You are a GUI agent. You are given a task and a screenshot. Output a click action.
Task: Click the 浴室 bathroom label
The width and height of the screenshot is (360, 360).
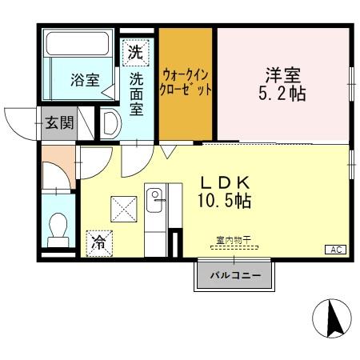tap(84, 79)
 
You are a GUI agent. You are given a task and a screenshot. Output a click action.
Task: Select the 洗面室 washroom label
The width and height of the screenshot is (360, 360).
tap(137, 92)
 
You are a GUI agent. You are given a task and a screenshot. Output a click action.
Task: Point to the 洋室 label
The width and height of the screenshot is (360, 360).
tap(284, 75)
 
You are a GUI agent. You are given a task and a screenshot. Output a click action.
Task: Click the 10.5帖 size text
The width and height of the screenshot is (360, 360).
tap(225, 201)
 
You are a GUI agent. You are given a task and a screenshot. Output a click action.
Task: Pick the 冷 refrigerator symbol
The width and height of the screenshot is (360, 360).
tap(98, 240)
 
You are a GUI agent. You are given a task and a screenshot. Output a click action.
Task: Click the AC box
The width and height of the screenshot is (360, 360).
tap(334, 250)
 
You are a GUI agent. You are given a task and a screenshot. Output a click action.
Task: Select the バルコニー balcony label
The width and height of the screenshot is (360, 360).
tap(234, 275)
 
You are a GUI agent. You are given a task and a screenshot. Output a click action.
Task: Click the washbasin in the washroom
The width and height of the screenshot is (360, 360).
tap(110, 123)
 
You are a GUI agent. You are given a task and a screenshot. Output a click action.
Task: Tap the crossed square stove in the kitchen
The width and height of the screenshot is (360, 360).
tap(124, 210)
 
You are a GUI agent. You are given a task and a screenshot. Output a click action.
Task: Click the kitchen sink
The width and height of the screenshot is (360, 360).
tap(154, 195)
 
